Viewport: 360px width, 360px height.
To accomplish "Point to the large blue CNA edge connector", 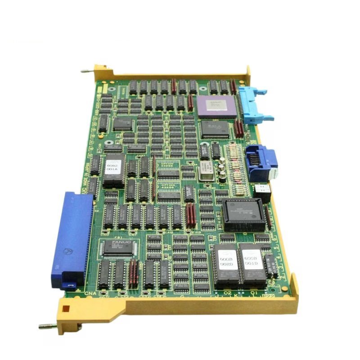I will (72, 238).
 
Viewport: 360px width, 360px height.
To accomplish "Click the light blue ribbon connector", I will (253, 104).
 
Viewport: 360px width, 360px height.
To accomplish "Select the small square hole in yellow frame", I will (66, 309).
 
